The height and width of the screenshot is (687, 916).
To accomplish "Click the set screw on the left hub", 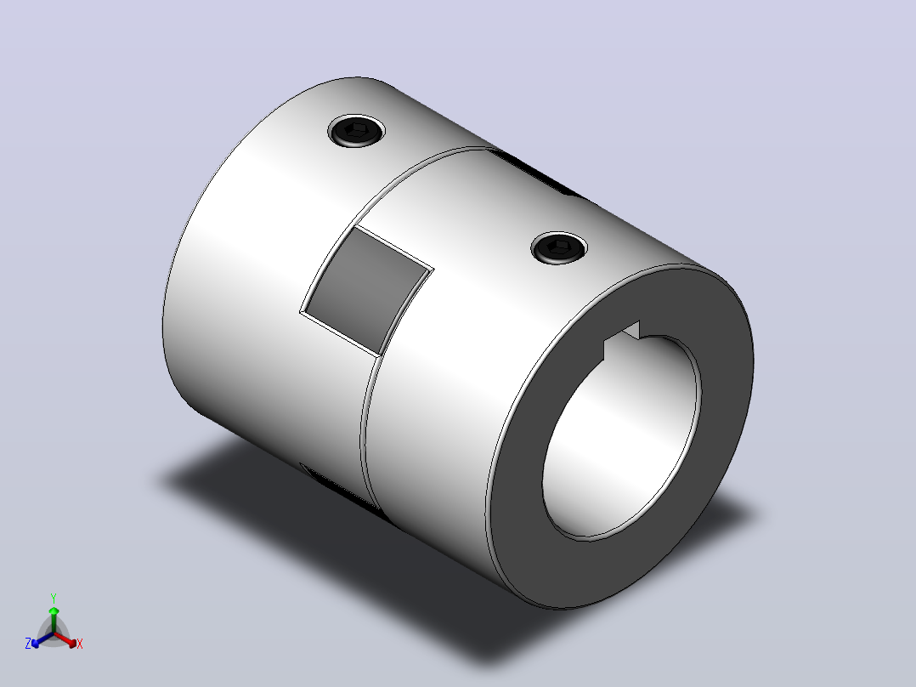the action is point(356,131).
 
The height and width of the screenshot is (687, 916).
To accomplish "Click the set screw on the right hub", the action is point(559,248).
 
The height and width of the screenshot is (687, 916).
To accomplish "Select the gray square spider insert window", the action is point(366,290).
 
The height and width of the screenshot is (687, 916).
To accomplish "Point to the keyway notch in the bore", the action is point(623,340).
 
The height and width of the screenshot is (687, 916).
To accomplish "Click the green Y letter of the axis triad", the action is point(54,598).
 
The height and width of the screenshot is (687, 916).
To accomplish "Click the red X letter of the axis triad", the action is point(80,644).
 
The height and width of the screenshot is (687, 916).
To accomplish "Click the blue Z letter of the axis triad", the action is point(28,644).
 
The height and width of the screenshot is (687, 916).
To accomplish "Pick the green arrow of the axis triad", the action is point(54,619).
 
